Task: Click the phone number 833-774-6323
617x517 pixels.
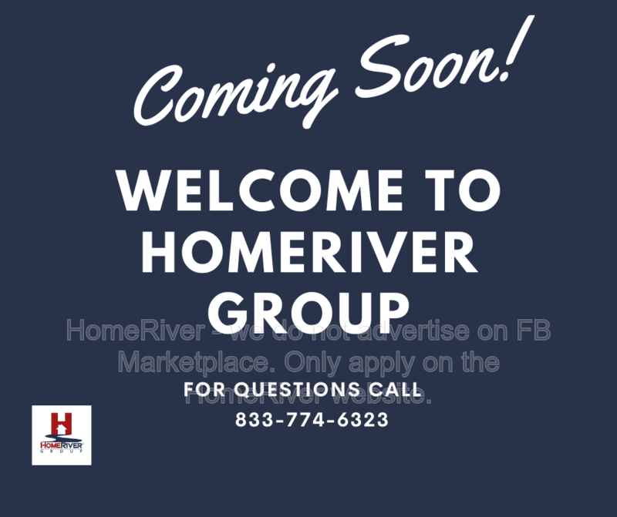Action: (x=311, y=421)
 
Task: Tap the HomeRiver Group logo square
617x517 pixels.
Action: (x=62, y=435)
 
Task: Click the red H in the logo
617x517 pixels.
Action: (x=61, y=424)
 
